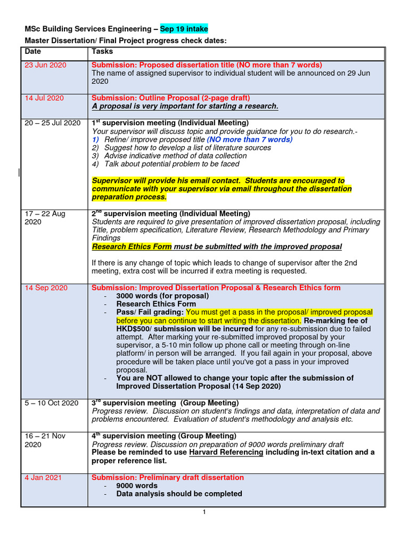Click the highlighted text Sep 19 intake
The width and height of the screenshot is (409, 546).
tap(184, 29)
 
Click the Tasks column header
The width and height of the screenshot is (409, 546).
tap(102, 52)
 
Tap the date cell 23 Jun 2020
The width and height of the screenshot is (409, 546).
tap(45, 65)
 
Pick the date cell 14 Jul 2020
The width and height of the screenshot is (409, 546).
tap(44, 98)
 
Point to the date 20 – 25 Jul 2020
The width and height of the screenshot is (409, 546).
tap(53, 123)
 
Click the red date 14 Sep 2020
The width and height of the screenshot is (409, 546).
tap(46, 288)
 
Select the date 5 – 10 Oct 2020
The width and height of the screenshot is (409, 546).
tap(52, 403)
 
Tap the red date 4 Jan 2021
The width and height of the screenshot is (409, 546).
tap(44, 478)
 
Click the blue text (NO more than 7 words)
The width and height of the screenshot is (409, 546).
tap(249, 140)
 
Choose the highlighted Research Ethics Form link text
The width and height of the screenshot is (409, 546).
tap(132, 247)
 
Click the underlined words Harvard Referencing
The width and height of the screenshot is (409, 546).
tap(226, 453)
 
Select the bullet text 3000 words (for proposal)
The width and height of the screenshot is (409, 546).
tap(162, 296)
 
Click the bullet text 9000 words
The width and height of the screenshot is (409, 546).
tap(137, 486)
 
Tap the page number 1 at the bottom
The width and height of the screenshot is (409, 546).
tap(203, 512)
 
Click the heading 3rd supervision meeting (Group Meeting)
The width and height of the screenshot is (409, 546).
tap(165, 403)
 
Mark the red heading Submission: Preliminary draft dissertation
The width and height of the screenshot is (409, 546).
tap(168, 478)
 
